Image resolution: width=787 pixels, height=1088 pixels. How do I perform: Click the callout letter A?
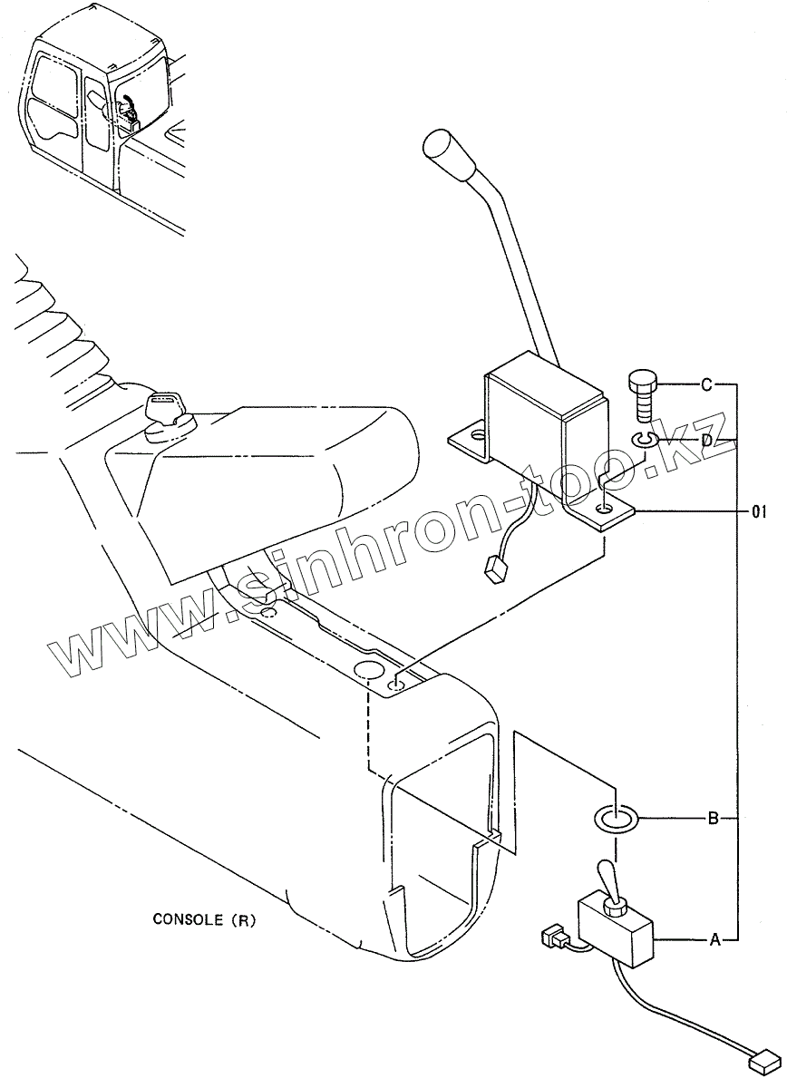coord(714,940)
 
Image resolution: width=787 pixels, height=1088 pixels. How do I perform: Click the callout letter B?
coord(714,820)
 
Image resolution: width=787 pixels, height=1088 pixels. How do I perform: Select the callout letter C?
coord(706,384)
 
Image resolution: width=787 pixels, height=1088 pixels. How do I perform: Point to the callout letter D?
coord(706,440)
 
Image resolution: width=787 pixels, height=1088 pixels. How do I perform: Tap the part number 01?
coord(759,512)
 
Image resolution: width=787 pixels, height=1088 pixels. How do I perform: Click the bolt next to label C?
coord(641,393)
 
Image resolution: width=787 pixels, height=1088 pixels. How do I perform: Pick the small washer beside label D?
coord(645,441)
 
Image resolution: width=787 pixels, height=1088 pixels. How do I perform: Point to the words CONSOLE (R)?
coord(204,920)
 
